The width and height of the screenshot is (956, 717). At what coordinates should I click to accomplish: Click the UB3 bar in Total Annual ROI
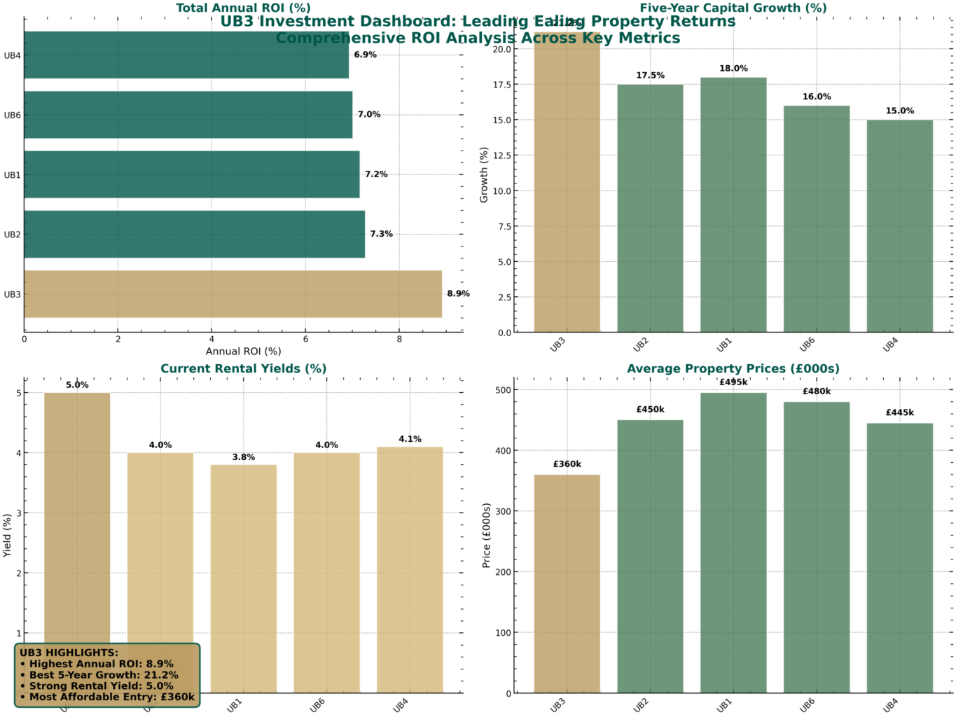pos(233,294)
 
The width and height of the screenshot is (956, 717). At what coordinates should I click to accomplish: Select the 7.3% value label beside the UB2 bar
pos(381,234)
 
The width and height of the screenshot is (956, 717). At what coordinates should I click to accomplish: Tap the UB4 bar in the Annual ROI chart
pos(186,55)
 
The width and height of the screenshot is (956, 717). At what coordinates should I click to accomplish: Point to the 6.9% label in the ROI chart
pos(365,55)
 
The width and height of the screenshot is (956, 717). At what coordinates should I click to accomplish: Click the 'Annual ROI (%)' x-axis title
pos(243,351)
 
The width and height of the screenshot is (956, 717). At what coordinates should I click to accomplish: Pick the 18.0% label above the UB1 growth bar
pos(733,69)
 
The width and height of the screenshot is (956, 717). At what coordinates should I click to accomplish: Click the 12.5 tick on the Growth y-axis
pos(501,155)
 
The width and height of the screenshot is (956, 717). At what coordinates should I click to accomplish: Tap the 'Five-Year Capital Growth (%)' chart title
pos(733,8)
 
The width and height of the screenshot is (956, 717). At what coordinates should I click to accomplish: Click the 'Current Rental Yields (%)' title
pos(243,369)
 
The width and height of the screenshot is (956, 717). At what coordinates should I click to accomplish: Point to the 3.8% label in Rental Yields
pos(243,457)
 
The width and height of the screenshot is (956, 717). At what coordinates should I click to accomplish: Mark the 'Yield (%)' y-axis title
pos(8,536)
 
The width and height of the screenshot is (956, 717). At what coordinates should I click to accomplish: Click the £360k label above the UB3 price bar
pos(567,464)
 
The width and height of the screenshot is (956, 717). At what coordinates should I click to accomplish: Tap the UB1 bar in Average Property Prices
pos(733,543)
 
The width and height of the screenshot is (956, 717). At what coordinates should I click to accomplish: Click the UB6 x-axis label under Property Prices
pos(808,705)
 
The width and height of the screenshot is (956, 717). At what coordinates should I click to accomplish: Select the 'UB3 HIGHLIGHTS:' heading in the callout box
pos(69,653)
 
